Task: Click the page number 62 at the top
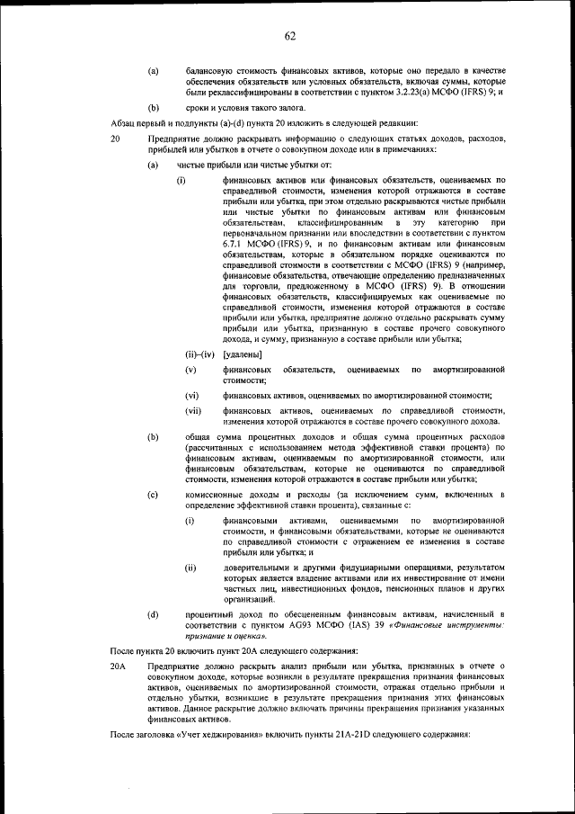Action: coord(289,36)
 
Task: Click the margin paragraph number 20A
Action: coord(119,666)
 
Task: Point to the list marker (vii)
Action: coord(192,411)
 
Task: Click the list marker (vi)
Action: coord(191,395)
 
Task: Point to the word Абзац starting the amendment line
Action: coord(123,121)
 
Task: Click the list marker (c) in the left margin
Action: coord(153,495)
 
